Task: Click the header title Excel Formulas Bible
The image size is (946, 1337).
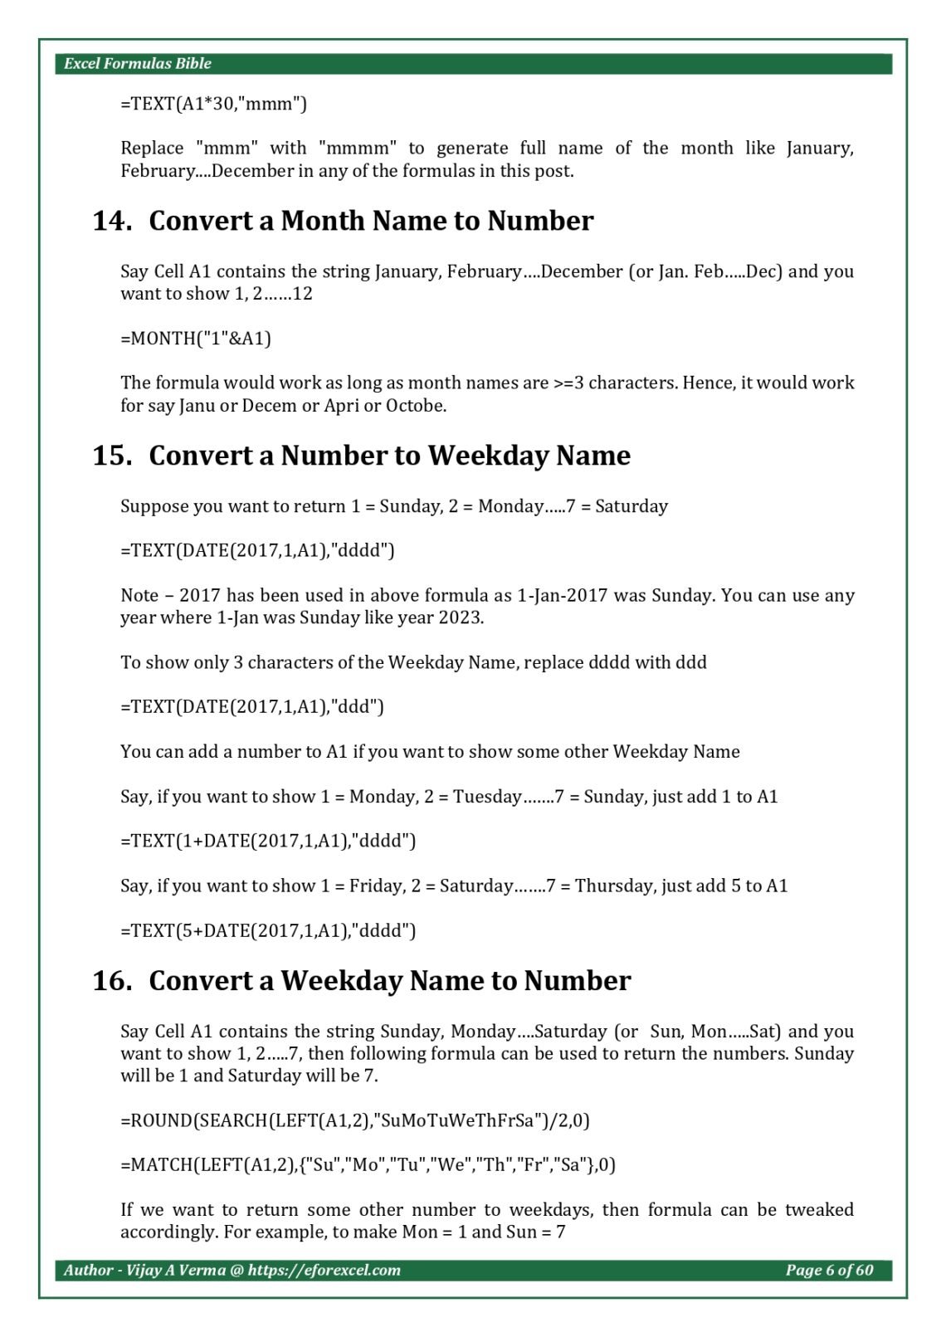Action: tap(138, 64)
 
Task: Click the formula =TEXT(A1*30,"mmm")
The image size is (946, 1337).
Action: tap(213, 104)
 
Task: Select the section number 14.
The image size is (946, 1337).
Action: tap(112, 221)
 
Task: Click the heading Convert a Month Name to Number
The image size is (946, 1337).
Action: tap(371, 221)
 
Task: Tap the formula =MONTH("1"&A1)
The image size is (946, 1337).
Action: tap(196, 339)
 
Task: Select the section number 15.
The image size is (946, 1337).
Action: tap(112, 456)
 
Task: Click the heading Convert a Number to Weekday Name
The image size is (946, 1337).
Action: tap(389, 456)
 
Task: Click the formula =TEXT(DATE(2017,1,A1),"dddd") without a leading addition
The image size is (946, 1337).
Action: tap(257, 550)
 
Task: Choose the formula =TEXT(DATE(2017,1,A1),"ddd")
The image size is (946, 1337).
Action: tap(252, 707)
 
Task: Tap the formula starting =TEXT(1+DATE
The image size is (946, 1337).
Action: tap(268, 842)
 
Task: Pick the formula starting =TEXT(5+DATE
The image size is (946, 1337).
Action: tap(268, 931)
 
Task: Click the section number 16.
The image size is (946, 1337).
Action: tap(112, 981)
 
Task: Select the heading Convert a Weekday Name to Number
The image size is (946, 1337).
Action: tap(389, 981)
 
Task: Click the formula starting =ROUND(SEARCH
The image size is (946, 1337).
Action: tap(355, 1121)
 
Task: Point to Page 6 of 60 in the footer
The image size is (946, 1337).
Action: tap(829, 1271)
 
